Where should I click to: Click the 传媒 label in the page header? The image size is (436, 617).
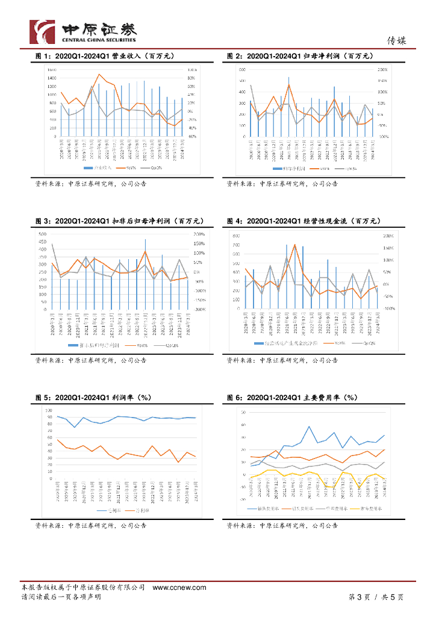396,41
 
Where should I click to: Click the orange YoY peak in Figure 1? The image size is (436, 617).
99,74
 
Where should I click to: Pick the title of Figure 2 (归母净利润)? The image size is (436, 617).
300,56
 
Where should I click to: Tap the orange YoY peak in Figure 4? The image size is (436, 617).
294,245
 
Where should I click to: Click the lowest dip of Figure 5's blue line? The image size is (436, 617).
75,427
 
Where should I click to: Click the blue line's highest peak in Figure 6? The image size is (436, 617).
309,427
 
